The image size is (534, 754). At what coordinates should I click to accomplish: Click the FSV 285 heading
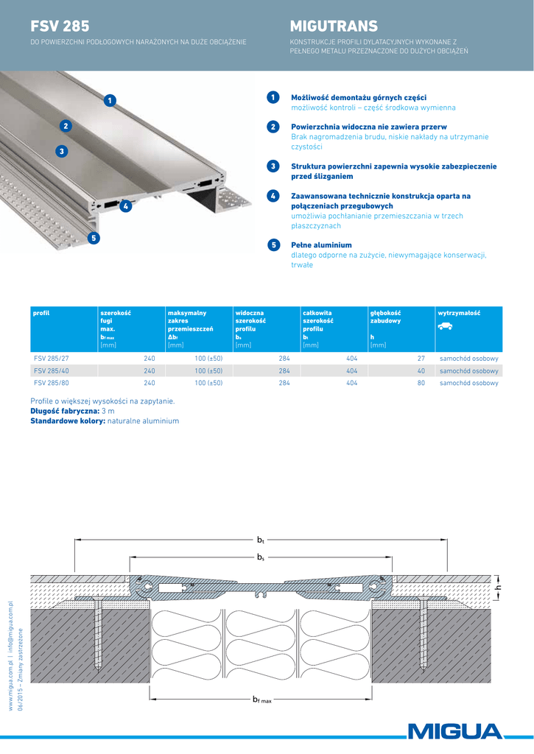60,27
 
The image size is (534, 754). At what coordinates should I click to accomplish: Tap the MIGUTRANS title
334,27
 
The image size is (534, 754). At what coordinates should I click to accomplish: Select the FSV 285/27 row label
52,359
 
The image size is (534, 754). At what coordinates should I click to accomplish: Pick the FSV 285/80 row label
52,383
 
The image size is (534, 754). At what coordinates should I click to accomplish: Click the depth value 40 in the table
421,371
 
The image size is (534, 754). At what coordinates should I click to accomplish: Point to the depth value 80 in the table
421,383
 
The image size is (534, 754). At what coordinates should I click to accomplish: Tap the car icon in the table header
445,326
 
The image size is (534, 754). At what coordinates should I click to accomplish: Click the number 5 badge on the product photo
92,237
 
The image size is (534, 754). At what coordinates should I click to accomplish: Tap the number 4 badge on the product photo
126,206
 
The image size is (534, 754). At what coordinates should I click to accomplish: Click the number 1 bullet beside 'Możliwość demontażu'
273,97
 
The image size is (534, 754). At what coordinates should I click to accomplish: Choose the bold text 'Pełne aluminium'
321,244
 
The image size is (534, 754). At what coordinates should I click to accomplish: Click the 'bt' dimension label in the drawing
261,540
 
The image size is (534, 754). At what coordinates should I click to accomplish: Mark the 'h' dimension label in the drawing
499,588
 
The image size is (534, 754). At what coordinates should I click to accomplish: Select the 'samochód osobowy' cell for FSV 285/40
468,371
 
